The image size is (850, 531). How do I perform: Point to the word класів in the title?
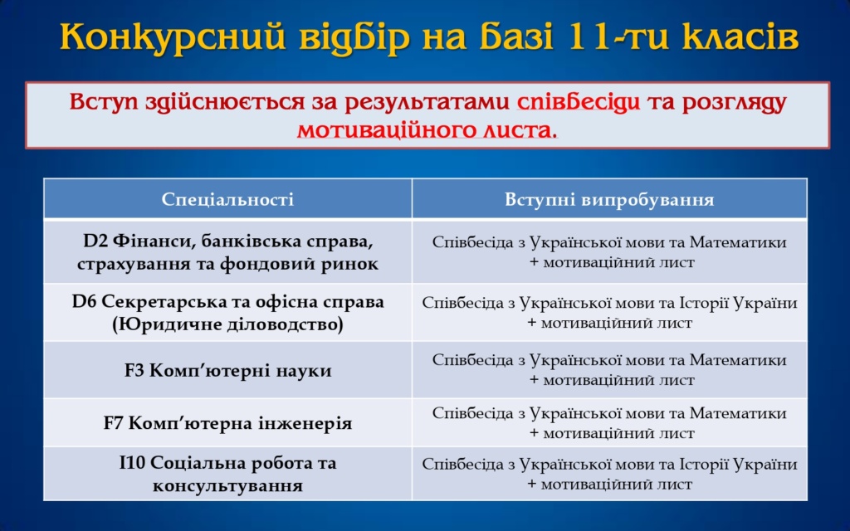click(x=734, y=37)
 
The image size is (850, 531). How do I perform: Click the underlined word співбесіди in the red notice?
click(x=579, y=102)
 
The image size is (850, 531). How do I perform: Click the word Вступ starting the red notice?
click(x=104, y=102)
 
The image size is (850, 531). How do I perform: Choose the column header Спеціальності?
click(x=227, y=199)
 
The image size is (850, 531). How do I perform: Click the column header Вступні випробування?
click(x=609, y=199)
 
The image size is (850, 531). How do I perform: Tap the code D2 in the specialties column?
click(x=95, y=241)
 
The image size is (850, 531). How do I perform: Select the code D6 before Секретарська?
click(x=84, y=301)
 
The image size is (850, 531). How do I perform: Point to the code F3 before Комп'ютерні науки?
click(x=134, y=371)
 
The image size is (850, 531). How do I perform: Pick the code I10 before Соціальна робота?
click(x=132, y=463)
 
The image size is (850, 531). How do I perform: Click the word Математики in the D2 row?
click(x=738, y=241)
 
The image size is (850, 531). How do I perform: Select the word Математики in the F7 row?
click(x=738, y=413)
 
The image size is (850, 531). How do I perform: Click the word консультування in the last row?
click(x=227, y=485)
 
